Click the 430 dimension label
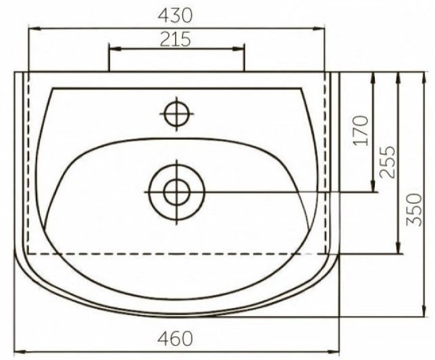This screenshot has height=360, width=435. pos(175,16)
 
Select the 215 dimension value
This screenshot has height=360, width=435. pos(176,39)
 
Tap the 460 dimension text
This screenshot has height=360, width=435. pos(175,338)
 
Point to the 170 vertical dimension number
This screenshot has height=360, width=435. pos(361,130)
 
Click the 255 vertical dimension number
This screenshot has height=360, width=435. pos(387,161)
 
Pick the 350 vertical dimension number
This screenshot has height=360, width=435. pos(414,210)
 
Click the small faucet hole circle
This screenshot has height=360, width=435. pos(177,113)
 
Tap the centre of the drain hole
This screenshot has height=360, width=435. pos(177,192)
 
